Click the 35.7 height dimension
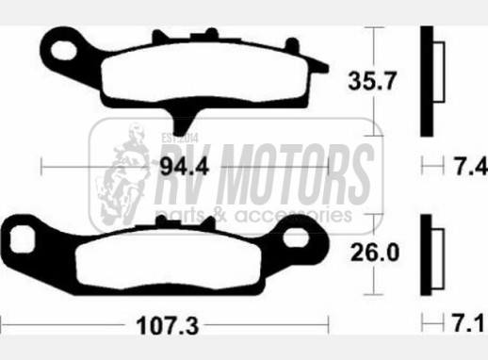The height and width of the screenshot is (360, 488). tap(371, 81)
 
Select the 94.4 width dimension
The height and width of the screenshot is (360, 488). tap(185, 167)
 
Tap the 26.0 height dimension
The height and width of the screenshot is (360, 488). tap(375, 253)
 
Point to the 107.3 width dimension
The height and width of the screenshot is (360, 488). tap(168, 326)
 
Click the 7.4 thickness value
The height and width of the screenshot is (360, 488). tap(471, 167)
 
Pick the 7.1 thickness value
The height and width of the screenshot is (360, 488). tap(468, 322)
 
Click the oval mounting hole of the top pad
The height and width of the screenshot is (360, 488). tap(64, 50)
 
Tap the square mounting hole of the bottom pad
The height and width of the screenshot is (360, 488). tap(22, 238)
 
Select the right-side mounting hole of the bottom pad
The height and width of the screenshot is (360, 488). tap(296, 237)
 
